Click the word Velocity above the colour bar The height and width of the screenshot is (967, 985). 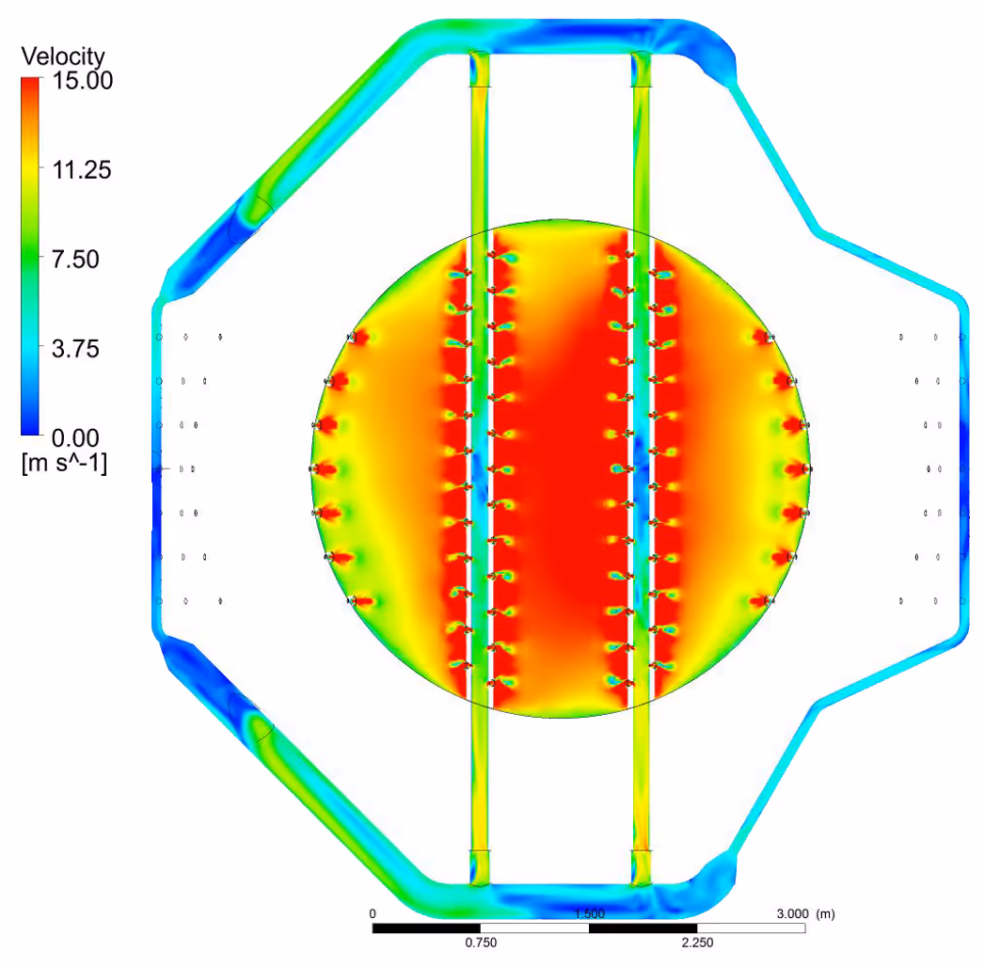(x=63, y=56)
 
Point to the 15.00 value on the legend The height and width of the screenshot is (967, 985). (x=82, y=80)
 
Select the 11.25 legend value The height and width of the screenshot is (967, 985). (x=82, y=169)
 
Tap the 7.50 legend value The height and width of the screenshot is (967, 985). (x=75, y=259)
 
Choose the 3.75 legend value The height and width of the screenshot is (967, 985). (x=75, y=348)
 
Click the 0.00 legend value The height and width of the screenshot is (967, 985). (x=75, y=437)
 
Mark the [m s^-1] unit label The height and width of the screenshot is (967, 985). (x=64, y=464)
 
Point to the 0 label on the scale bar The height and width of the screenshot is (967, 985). (x=373, y=913)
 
